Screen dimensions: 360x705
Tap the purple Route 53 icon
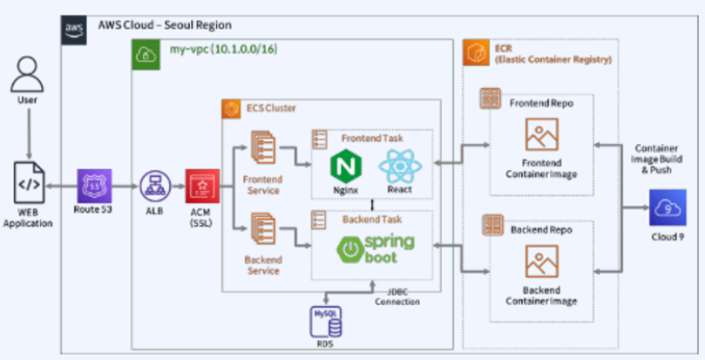[92, 185]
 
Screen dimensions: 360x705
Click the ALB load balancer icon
[153, 186]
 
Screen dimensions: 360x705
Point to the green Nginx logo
[346, 166]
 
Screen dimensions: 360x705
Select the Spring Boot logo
[376, 247]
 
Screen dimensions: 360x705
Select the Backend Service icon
[262, 228]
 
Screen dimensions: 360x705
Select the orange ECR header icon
[474, 51]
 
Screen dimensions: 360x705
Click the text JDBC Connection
[397, 296]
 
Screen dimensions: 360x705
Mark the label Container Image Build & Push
[665, 160]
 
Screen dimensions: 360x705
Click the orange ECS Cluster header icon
[232, 109]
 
